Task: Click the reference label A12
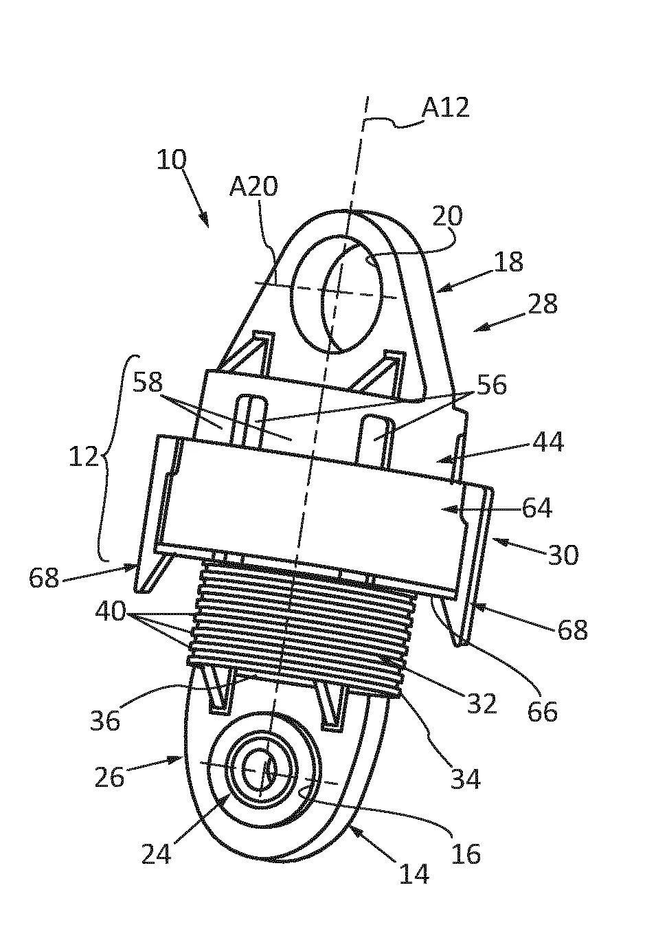445,108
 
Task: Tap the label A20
253,186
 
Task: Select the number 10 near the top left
172,160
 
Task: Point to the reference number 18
508,262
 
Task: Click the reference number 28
543,304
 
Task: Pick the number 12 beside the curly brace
84,456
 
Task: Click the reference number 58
148,382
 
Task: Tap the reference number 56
492,385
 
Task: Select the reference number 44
548,441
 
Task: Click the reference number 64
537,508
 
